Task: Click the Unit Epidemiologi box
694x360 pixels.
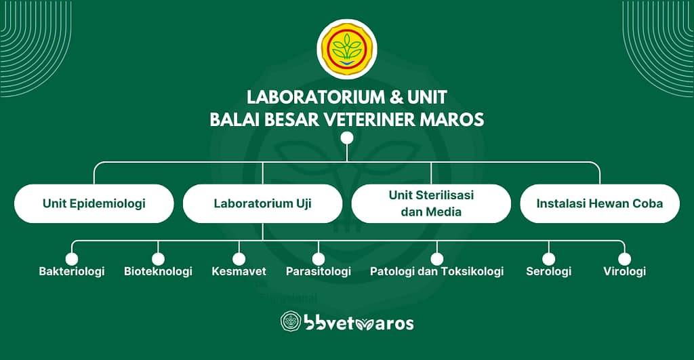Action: pos(94,203)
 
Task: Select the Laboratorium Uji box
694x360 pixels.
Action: pos(262,203)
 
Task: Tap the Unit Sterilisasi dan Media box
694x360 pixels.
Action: pos(431,203)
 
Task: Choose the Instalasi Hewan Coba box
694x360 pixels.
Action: pos(600,203)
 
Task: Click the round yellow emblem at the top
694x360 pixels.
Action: pos(347,49)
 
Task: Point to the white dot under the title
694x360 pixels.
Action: pos(347,138)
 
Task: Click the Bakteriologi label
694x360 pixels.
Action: pos(72,271)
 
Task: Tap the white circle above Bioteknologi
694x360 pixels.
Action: pos(158,259)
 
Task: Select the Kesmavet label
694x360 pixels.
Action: pos(239,271)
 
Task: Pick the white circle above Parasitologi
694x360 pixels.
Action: pos(319,259)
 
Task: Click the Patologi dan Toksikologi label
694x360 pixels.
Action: pos(437,271)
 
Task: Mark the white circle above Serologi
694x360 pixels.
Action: pos(549,259)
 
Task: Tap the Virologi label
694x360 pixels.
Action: pos(624,271)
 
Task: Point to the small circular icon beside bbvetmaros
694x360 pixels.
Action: pos(291,321)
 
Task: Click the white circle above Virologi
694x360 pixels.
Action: pos(624,259)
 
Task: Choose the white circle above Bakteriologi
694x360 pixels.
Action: pos(72,259)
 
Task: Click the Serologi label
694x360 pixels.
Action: pos(549,271)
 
